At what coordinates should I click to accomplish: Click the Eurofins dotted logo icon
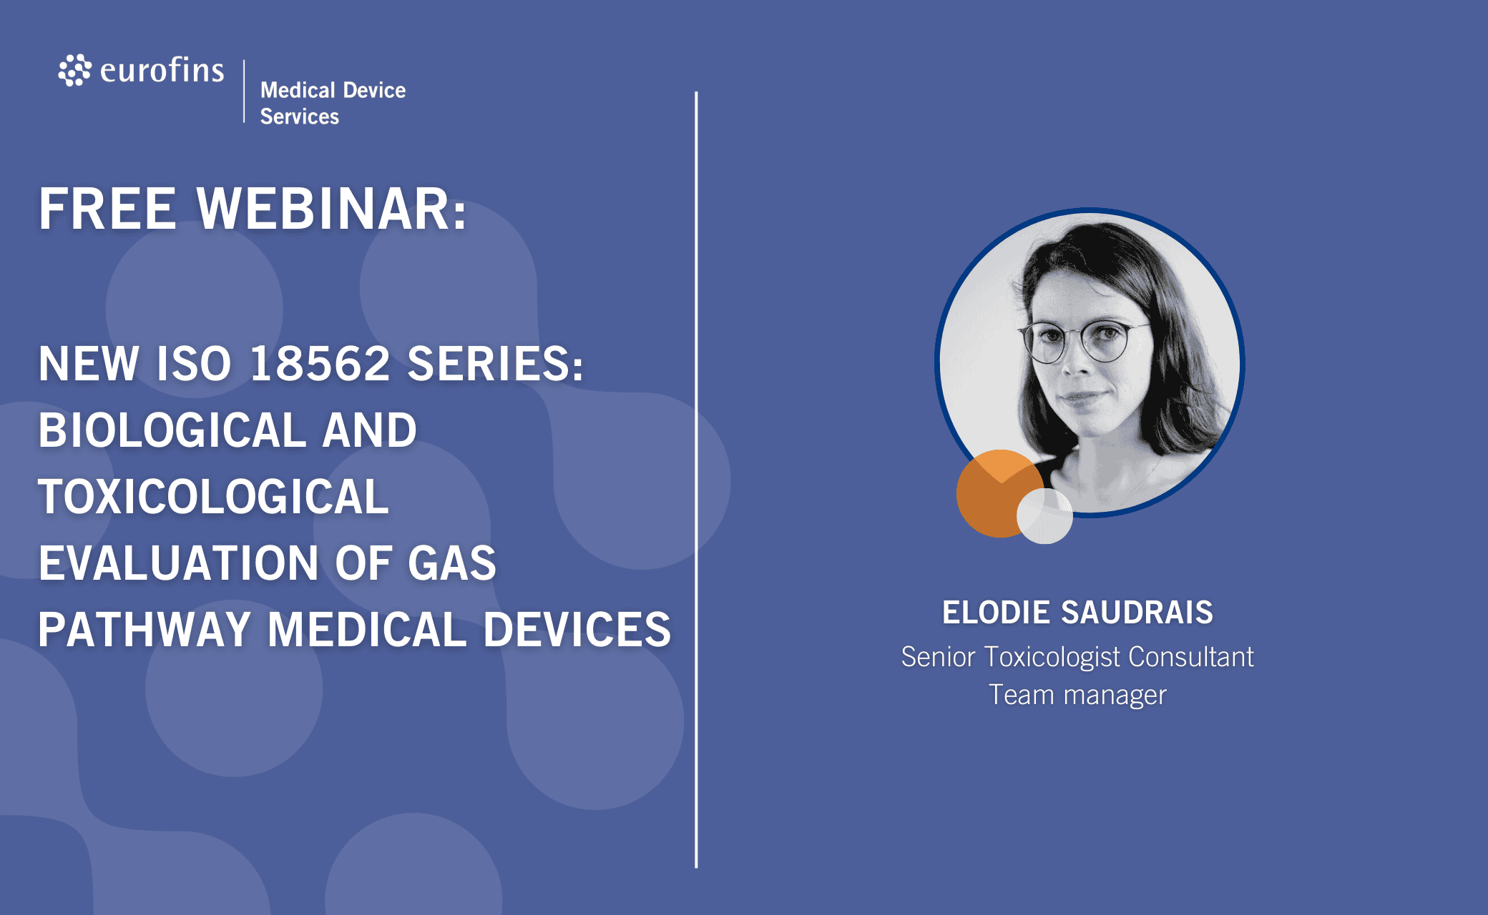[74, 70]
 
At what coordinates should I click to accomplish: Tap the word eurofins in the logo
[162, 70]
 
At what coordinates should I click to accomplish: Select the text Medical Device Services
[333, 103]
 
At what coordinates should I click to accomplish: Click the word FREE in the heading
[107, 209]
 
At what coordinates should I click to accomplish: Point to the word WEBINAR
[332, 209]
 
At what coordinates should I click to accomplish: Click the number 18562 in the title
[320, 363]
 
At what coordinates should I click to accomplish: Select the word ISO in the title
[194, 363]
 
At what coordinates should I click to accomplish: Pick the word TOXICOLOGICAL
[213, 497]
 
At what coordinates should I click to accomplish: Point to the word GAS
[452, 563]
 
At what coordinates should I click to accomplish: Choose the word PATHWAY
[145, 630]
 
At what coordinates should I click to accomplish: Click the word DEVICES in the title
[577, 630]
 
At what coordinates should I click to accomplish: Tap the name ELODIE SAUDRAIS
[1077, 613]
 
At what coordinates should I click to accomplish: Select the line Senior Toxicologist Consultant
[1077, 657]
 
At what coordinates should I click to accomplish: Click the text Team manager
[1077, 695]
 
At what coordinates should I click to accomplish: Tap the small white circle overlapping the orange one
[1044, 516]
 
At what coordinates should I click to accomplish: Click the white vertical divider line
[696, 480]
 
